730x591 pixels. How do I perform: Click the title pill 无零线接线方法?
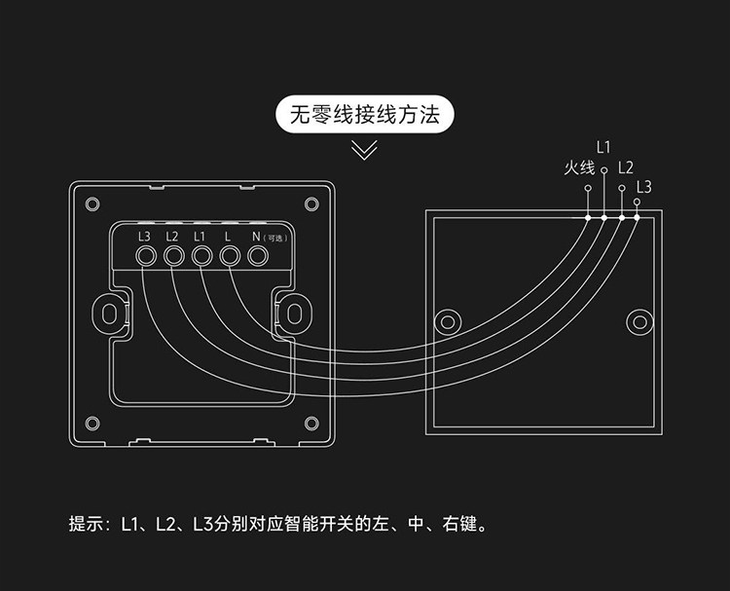365,115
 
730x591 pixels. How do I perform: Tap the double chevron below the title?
365,150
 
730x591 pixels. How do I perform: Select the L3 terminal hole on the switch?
146,256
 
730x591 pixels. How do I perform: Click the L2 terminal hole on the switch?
174,256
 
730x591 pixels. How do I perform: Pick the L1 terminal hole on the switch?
202,256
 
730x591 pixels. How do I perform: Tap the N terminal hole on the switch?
258,256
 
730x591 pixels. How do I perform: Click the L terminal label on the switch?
228,237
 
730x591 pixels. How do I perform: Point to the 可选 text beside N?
276,238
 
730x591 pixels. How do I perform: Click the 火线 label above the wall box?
578,167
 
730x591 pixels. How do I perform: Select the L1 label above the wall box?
602,148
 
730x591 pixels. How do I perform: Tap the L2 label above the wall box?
625,167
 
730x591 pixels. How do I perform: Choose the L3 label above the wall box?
643,186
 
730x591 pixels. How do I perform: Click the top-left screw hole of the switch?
92,203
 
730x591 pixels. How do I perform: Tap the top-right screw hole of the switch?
311,203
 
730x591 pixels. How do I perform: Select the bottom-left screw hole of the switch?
92,423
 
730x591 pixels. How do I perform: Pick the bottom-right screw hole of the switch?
311,423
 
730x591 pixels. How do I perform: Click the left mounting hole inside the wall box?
447,321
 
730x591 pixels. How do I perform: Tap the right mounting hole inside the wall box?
639,321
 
